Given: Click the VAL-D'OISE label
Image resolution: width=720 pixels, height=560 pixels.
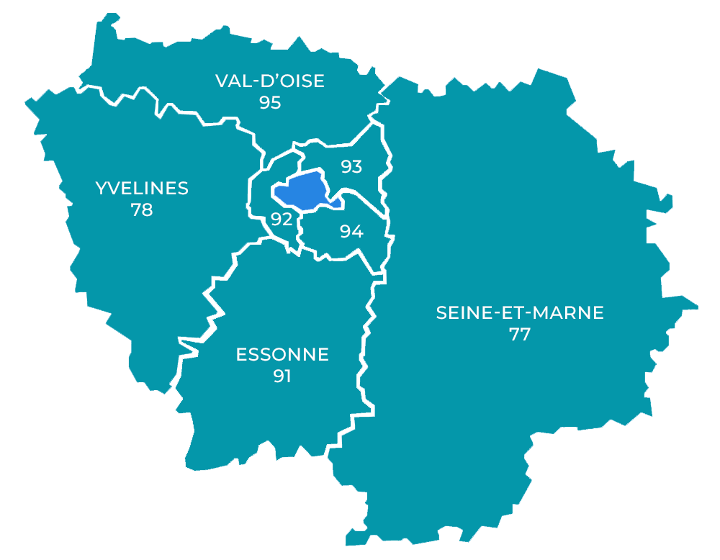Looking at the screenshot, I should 270,81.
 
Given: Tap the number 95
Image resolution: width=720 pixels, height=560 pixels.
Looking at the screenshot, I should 270,102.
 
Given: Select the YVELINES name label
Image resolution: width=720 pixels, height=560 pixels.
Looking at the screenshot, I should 142,189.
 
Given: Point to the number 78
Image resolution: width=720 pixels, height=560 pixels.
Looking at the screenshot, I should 142,210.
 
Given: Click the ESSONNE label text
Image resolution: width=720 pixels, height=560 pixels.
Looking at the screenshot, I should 282,354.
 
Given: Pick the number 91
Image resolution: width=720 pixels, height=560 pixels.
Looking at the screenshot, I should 282,376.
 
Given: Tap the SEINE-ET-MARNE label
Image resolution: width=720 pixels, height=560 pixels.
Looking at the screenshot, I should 520,313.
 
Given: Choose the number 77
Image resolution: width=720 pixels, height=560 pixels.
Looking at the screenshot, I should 520,335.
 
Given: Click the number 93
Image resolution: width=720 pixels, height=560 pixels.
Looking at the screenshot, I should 351,167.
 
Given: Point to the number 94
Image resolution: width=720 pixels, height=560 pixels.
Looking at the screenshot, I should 351,232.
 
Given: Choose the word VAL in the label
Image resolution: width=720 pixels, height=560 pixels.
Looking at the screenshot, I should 232,81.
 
